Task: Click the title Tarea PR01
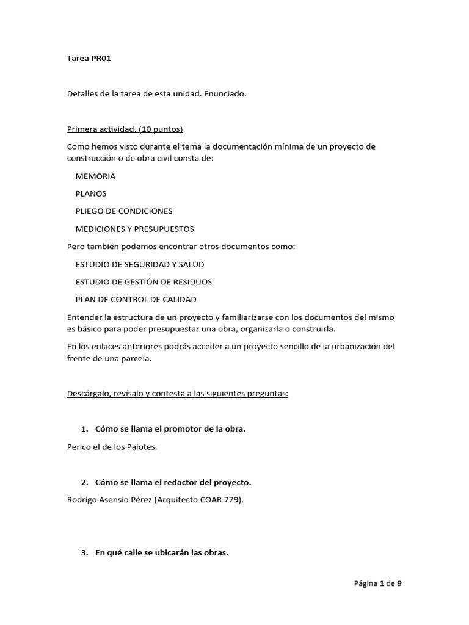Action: point(89,59)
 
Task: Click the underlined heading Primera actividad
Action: point(125,129)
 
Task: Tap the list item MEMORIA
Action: point(95,176)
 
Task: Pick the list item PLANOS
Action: point(91,193)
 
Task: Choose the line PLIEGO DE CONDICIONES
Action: point(124,211)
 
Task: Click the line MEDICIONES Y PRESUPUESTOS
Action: point(134,229)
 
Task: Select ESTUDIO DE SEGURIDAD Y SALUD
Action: point(140,264)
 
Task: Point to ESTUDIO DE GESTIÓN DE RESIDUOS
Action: point(144,282)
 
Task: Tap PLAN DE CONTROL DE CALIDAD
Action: point(136,300)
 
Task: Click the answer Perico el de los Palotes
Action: point(112,447)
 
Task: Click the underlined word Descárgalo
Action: point(89,394)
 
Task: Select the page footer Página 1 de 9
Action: point(377,583)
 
